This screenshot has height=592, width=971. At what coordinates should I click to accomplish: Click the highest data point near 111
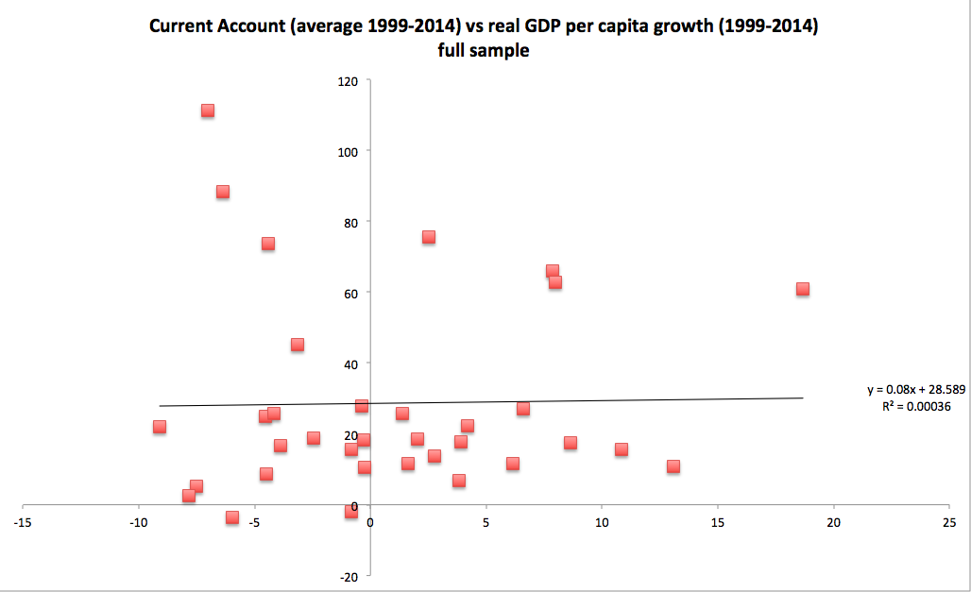click(x=208, y=110)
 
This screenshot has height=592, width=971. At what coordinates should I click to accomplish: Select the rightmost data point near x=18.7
click(x=803, y=289)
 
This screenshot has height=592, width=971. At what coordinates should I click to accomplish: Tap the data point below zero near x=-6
click(x=232, y=517)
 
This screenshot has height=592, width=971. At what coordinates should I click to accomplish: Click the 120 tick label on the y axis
click(x=347, y=81)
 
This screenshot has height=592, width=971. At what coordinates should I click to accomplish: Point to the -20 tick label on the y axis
click(x=347, y=577)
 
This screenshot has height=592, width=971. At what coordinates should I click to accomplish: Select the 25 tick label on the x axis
click(x=949, y=522)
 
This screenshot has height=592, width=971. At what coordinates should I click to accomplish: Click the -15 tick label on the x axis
click(x=23, y=522)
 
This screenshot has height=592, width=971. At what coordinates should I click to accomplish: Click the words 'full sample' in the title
click(x=483, y=51)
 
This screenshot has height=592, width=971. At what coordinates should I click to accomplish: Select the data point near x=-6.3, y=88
click(x=223, y=192)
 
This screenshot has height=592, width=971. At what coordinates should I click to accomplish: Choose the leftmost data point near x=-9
click(x=160, y=427)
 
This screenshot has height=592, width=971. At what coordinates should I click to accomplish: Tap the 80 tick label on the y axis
click(x=349, y=223)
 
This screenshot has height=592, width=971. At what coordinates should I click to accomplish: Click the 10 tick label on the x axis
click(x=602, y=522)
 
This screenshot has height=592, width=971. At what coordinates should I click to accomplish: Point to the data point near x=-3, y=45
click(x=298, y=345)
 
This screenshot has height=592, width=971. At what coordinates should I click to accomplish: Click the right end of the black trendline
click(x=802, y=397)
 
